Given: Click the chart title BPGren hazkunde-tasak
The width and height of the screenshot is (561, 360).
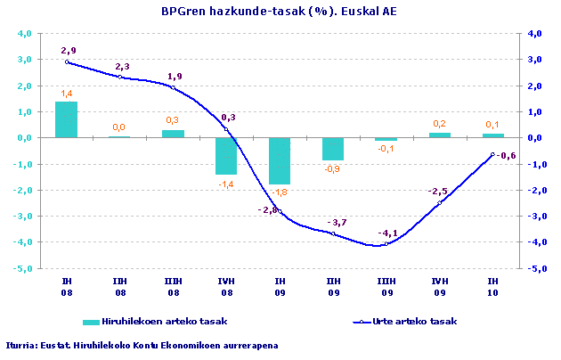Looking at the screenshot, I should pos(280,11).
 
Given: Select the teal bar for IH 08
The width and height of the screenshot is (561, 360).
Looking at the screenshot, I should pos(67,119).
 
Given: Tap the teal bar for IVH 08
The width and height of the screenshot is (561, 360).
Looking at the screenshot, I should pos(226,156).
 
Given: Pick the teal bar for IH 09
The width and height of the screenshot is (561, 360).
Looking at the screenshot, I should pos(280,161).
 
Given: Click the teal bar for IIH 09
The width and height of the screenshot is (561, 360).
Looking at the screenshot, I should pos(333,149).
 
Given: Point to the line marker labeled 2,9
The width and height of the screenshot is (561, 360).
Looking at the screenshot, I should pos(67,61).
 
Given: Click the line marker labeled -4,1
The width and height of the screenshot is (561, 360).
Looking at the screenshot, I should pos(386,245).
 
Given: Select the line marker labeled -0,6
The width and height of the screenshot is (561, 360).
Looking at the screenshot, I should pos(492,154).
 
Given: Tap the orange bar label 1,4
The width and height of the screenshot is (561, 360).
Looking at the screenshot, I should pos(67,94).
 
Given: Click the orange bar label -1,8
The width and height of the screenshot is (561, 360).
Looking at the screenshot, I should pos(280,192).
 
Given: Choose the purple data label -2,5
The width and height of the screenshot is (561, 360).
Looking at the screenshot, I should pos(437,192).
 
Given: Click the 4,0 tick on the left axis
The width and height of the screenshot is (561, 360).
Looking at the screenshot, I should pos(25,33).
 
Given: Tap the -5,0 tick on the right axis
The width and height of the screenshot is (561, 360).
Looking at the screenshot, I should pos(535,268).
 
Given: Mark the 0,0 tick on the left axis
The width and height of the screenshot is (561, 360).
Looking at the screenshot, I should pos(25,138).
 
